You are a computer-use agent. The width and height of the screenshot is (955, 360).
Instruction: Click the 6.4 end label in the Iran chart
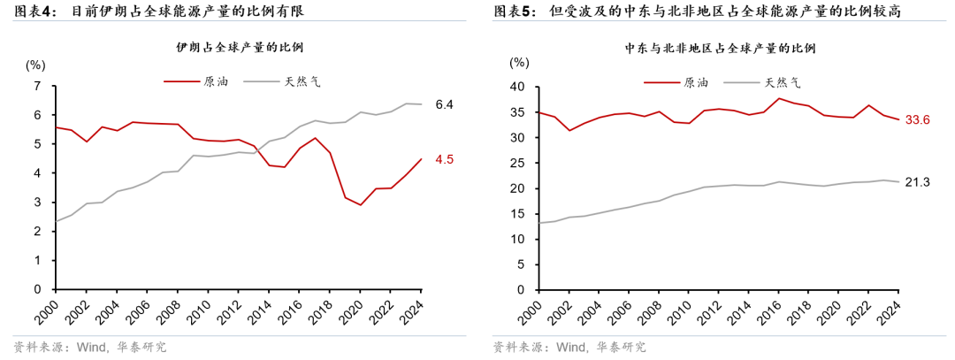click(x=444, y=104)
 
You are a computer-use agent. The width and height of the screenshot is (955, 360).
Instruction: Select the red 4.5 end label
click(x=444, y=160)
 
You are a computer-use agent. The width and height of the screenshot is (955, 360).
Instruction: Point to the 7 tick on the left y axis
click(x=37, y=87)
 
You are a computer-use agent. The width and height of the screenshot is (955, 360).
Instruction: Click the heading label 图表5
click(x=513, y=11)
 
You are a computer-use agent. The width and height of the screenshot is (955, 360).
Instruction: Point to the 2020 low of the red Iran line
click(x=361, y=205)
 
